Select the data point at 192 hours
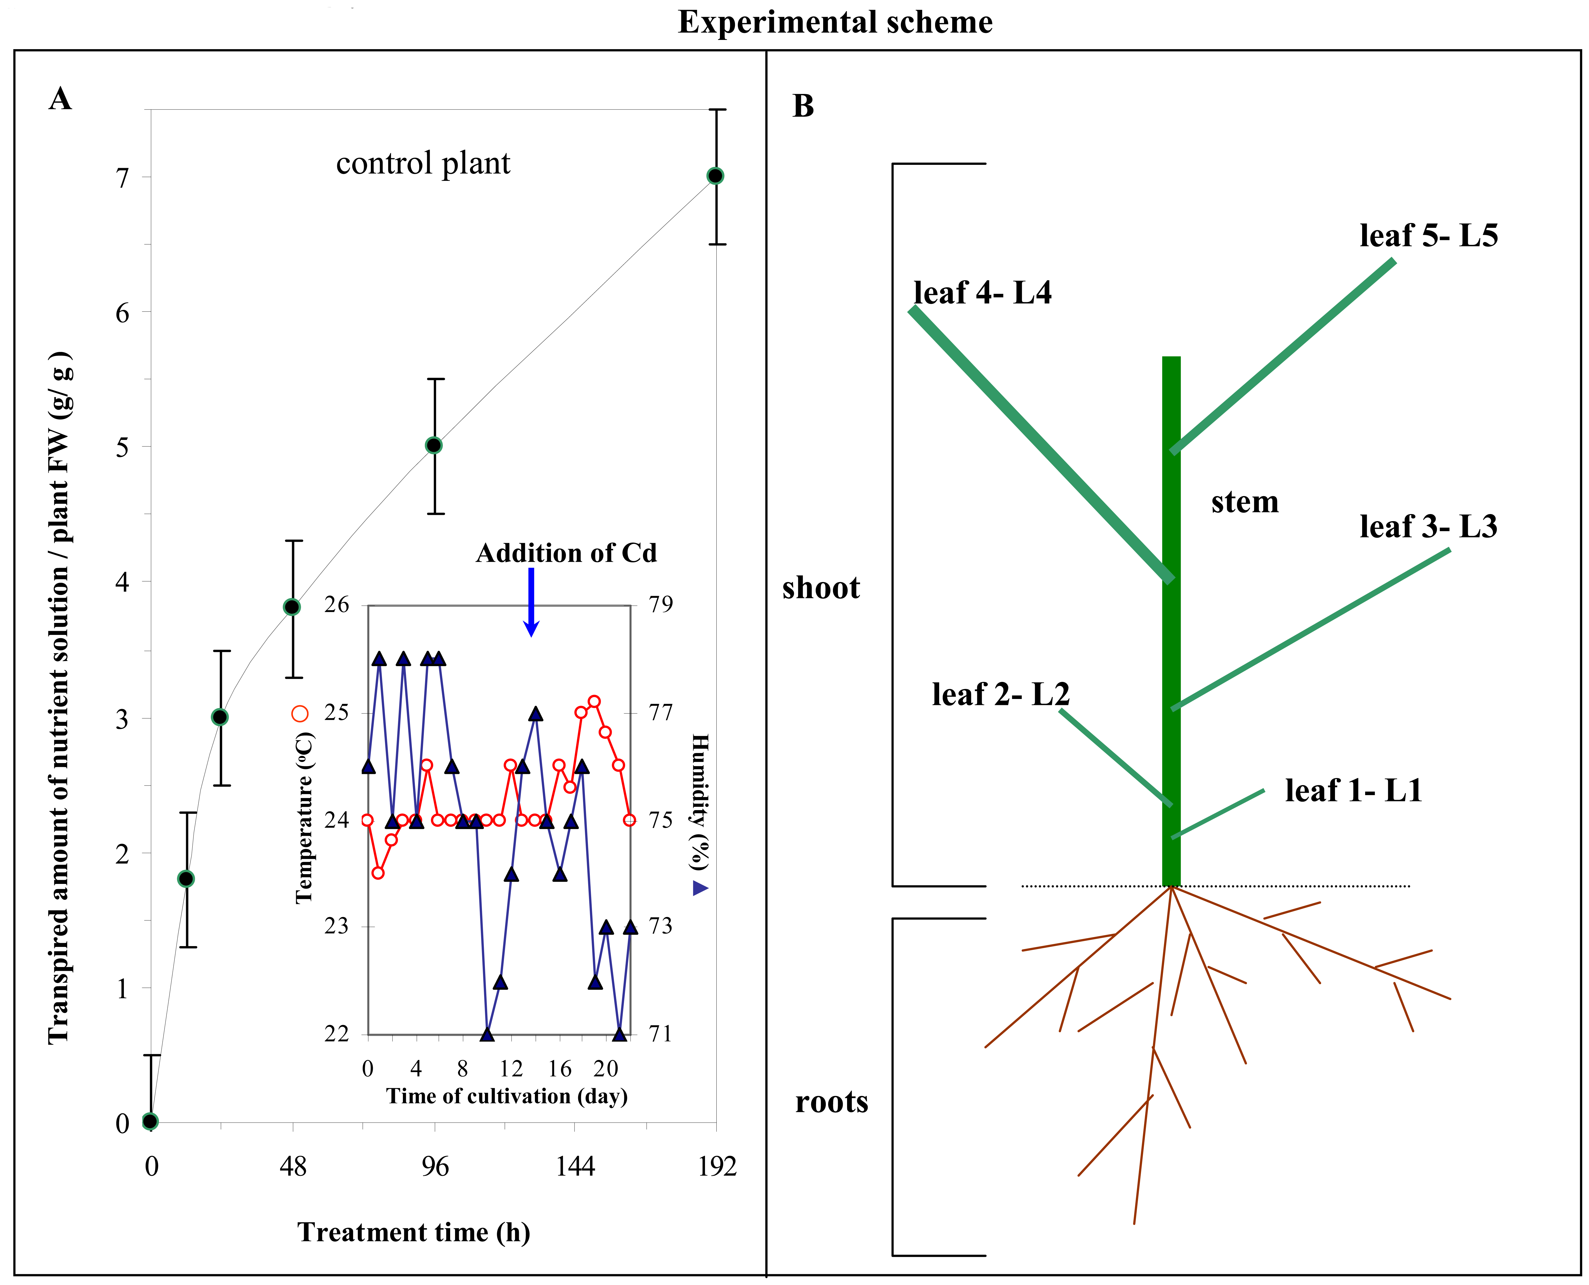tap(715, 176)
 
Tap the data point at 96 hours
tap(435, 446)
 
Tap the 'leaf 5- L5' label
tap(1428, 235)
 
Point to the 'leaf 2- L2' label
tap(1000, 694)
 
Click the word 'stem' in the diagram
tap(1245, 502)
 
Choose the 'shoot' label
tap(821, 588)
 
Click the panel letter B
tap(803, 106)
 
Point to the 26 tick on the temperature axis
tap(337, 605)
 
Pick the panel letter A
tap(61, 99)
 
